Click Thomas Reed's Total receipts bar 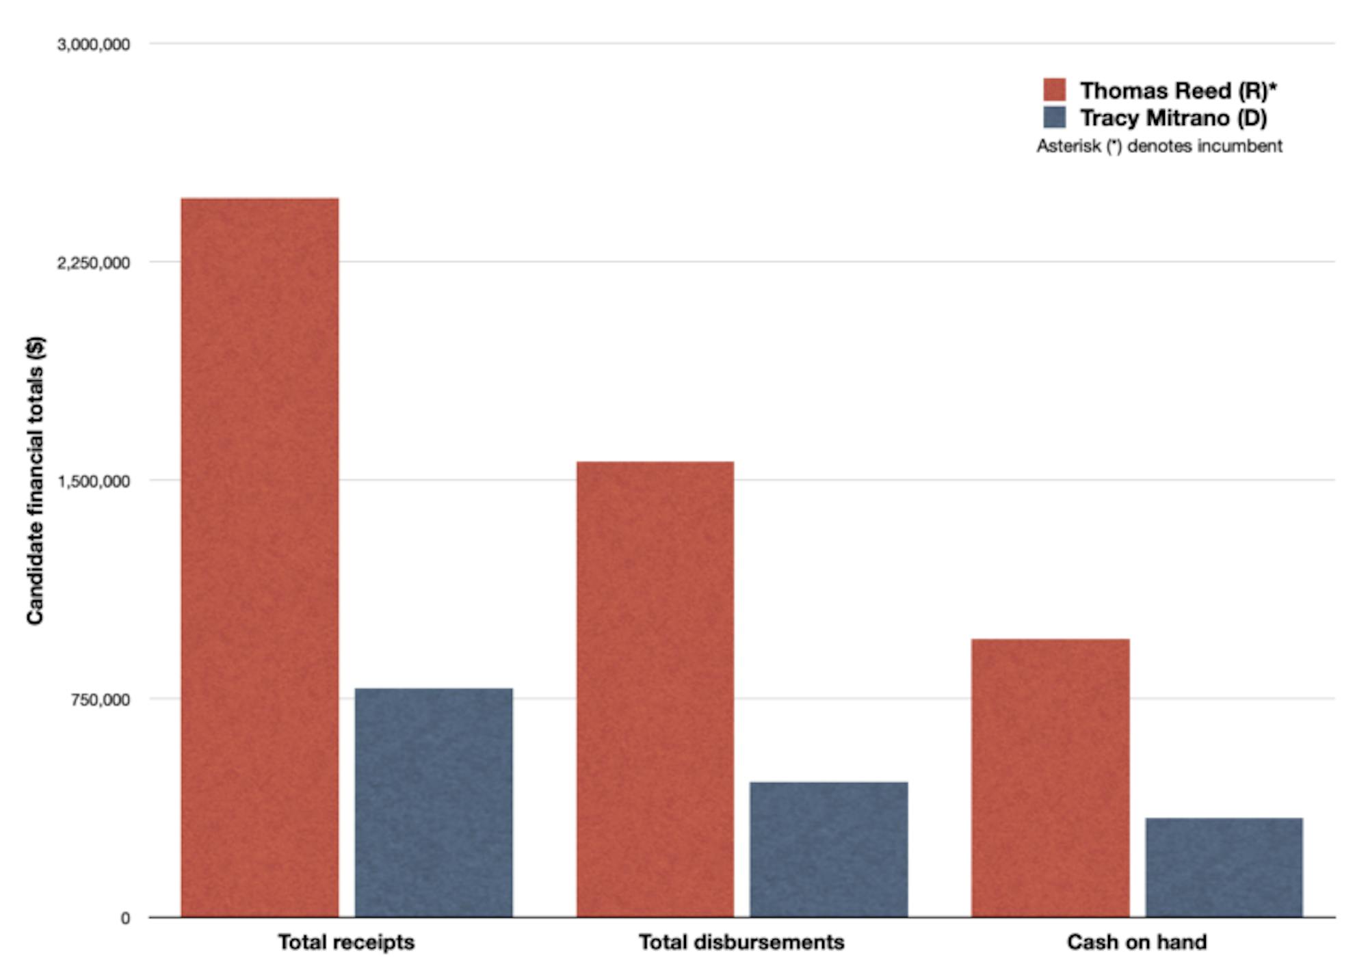click(x=259, y=557)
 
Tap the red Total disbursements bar click(x=655, y=689)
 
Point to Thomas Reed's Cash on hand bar click(x=1050, y=777)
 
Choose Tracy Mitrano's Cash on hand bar click(x=1224, y=867)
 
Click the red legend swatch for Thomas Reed click(x=1054, y=90)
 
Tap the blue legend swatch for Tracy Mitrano click(x=1054, y=118)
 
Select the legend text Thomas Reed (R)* click(x=1178, y=90)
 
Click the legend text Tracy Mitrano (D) click(x=1173, y=118)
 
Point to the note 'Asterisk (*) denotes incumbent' click(x=1159, y=146)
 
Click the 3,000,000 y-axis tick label click(x=94, y=44)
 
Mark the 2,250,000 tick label click(x=94, y=263)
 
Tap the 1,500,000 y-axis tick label click(x=94, y=481)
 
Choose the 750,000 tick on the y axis click(x=100, y=699)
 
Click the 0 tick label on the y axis click(x=125, y=918)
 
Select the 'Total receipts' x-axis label click(x=346, y=942)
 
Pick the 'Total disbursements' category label click(x=741, y=942)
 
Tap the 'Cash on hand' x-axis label click(x=1137, y=942)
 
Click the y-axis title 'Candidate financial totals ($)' click(x=36, y=480)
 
